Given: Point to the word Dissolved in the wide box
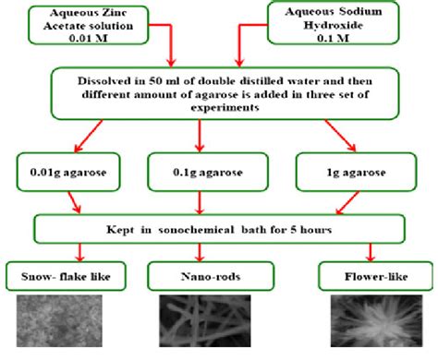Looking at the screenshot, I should coord(107,80).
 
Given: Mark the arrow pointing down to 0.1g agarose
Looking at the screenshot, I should coord(201,139).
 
